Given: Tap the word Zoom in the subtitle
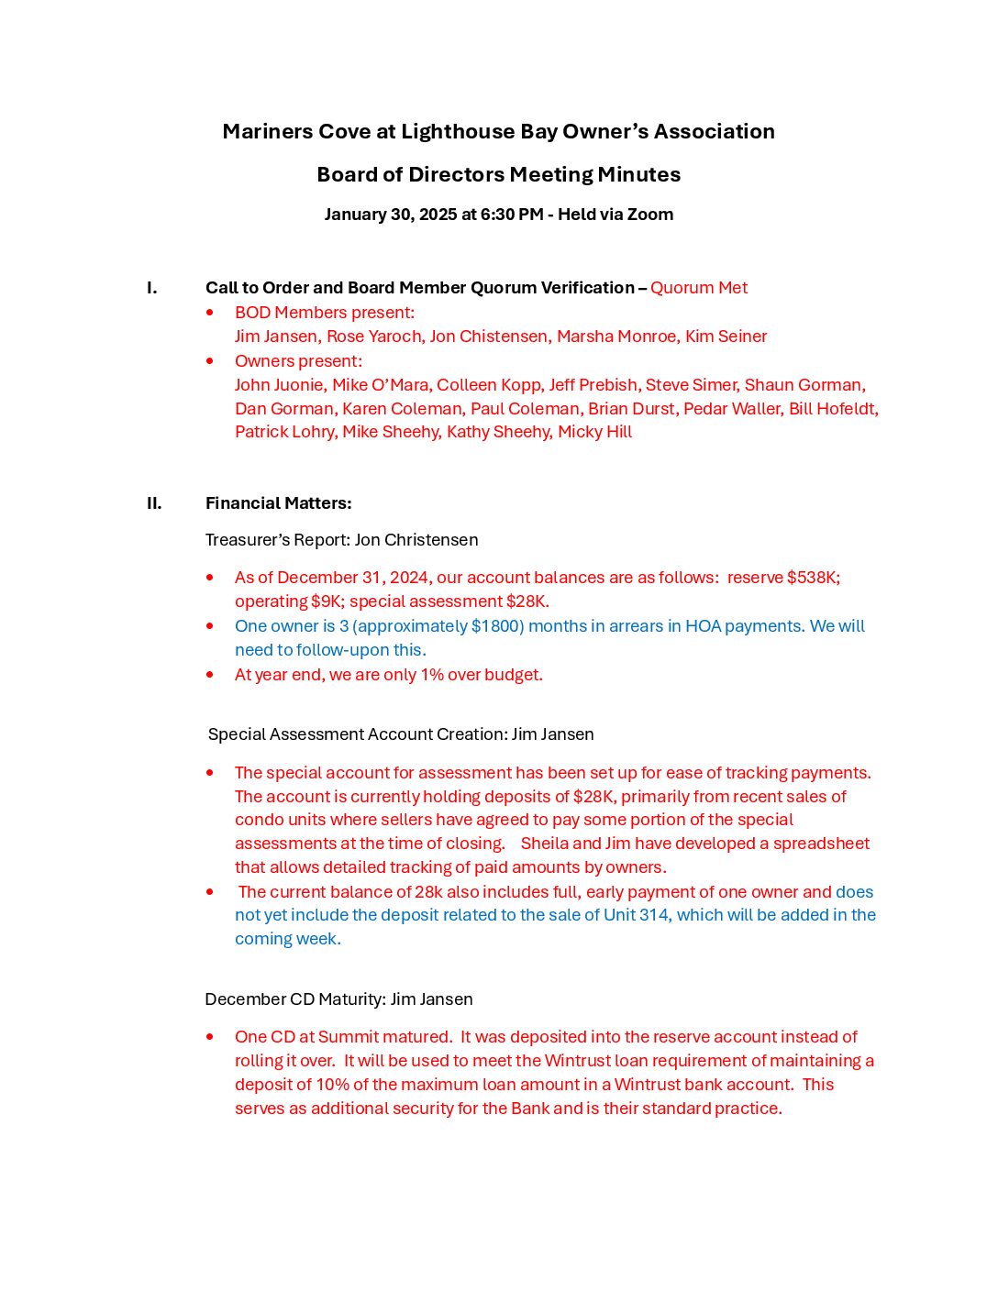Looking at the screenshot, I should pyautogui.click(x=652, y=215).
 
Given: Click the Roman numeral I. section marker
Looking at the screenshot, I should pyautogui.click(x=152, y=288).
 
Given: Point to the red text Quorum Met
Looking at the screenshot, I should pyautogui.click(x=699, y=288).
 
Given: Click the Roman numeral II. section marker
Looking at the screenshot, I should pyautogui.click(x=154, y=503).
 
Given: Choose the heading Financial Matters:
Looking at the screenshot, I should pyautogui.click(x=279, y=503).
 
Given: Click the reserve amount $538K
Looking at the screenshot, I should pyautogui.click(x=813, y=578).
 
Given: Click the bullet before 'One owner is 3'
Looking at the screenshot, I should pyautogui.click(x=210, y=626).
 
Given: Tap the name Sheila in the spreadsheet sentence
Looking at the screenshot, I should pyautogui.click(x=544, y=844).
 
